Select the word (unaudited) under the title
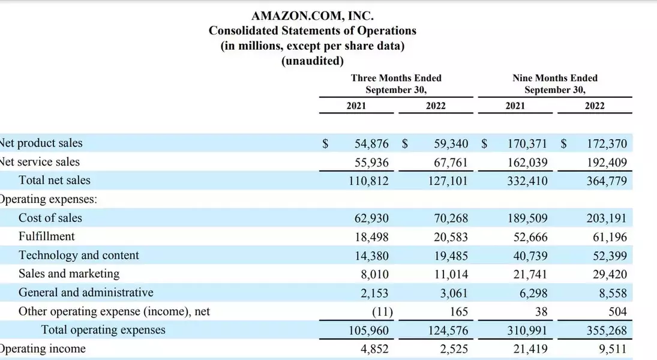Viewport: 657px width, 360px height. click(312, 61)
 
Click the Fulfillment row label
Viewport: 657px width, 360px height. click(47, 236)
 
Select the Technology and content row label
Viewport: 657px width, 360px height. click(79, 255)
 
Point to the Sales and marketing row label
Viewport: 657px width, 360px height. click(69, 274)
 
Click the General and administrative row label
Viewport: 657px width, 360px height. click(86, 292)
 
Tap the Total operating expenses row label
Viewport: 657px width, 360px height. click(103, 329)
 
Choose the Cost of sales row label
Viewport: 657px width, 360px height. click(50, 218)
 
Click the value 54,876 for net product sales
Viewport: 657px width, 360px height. click(372, 144)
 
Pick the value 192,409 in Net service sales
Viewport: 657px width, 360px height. click(607, 162)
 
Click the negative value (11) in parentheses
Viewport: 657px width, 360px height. click(381, 311)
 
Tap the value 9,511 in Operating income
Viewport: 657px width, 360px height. click(613, 349)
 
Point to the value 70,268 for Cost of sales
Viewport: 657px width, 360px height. click(451, 218)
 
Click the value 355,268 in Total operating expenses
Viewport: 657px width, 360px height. click(607, 330)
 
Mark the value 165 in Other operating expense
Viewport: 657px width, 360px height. click(458, 311)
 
